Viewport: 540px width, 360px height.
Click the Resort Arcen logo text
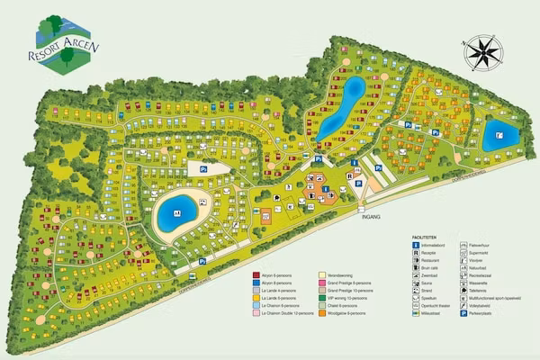65,52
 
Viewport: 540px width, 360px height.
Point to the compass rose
485,51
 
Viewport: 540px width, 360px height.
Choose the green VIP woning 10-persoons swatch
321,298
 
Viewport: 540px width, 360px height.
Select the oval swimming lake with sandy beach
180,213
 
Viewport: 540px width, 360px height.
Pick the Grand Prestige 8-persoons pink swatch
321,282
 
